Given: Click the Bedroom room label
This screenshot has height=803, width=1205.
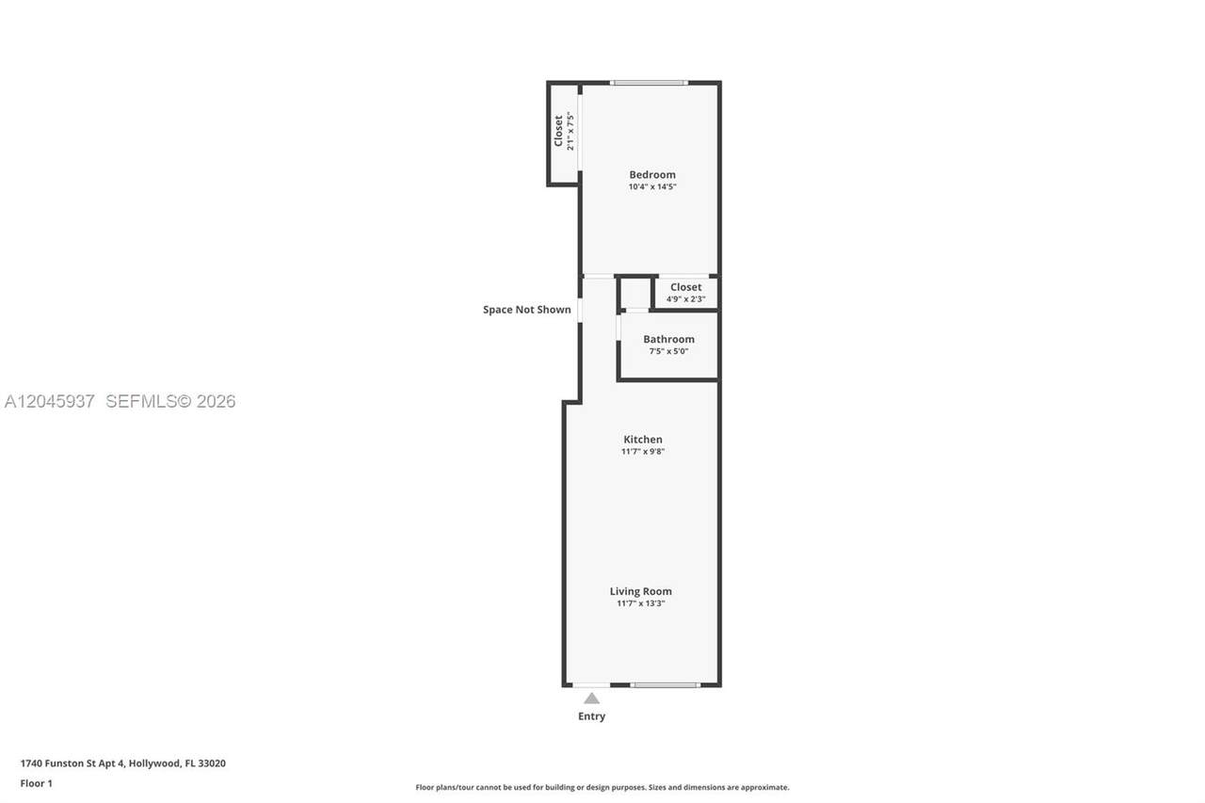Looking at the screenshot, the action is tap(652, 175).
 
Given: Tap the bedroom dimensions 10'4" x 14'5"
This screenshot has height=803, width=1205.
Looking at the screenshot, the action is tap(652, 186).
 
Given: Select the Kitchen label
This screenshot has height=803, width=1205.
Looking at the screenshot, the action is tap(643, 440).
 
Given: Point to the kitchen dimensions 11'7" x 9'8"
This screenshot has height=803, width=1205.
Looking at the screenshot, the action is tap(643, 451).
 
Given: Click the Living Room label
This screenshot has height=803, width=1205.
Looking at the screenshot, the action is tap(641, 591).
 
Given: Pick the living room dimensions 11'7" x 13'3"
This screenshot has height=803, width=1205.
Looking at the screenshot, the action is tap(641, 603).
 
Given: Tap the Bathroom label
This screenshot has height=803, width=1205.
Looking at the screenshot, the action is tap(668, 340).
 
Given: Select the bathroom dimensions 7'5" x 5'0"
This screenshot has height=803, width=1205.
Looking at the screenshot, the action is tap(668, 351).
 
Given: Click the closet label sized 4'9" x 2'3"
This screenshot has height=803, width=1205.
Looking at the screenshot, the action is tap(686, 287).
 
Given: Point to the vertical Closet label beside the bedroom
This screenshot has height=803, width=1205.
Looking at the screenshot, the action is tap(558, 131).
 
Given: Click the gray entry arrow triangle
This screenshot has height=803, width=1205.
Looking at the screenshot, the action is tap(592, 699).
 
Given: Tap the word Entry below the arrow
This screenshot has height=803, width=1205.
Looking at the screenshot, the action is tap(592, 716).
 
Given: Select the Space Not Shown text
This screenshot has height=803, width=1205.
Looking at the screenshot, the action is tap(526, 310).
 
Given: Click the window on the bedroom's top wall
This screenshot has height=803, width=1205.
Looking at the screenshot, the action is tap(650, 83).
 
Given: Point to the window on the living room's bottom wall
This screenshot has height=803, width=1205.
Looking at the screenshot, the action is tap(666, 685).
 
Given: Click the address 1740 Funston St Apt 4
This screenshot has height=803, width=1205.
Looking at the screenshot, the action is tap(72, 763).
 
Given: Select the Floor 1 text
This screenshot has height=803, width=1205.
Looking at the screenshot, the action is tap(37, 783).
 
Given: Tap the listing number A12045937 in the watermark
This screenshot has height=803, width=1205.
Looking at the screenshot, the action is tap(50, 401).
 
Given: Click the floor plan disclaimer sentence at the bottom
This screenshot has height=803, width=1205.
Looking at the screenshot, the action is tap(602, 787).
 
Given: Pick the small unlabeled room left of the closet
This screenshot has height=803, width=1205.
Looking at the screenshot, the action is tap(635, 294).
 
